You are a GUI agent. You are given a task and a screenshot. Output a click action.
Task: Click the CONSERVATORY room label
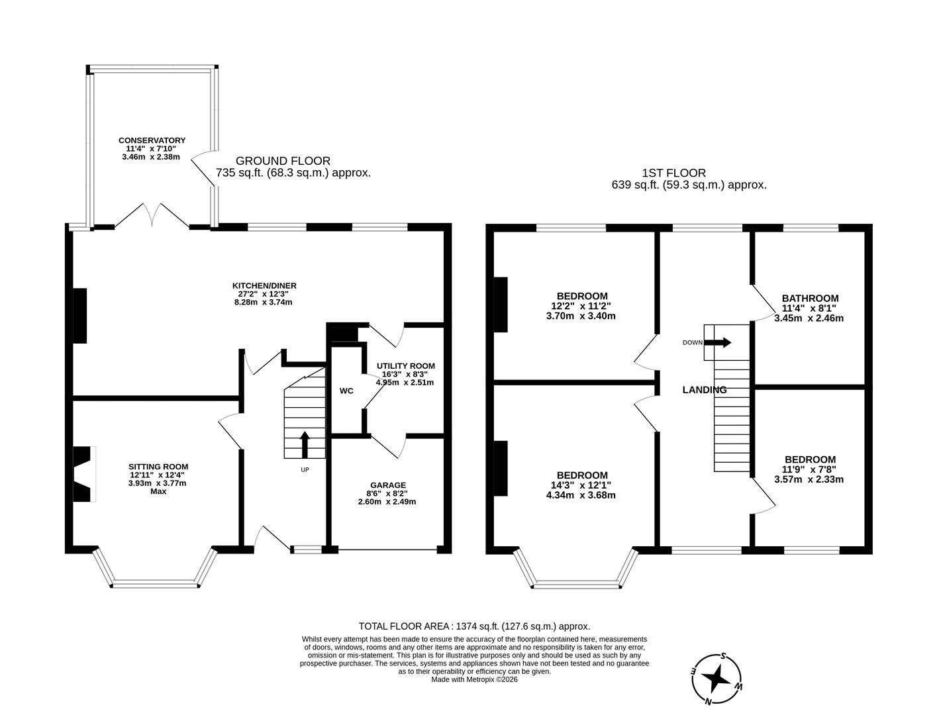point(152,140)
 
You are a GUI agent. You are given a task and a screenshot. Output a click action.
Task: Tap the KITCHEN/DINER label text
point(263,285)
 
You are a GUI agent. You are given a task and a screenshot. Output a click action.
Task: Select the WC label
point(346,391)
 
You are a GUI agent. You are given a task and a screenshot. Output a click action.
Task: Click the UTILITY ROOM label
point(405,366)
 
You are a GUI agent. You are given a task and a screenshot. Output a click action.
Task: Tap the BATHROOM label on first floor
point(809,299)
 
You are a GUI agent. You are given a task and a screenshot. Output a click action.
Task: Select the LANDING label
point(704,390)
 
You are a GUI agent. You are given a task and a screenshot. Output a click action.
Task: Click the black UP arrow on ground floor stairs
point(305,444)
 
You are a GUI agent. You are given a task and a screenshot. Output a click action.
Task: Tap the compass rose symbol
point(716,679)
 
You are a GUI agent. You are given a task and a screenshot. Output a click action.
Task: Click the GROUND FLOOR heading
point(283,161)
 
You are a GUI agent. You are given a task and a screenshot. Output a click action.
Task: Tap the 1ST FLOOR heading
point(673,173)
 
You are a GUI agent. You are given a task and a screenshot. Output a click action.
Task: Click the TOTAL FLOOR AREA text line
point(474,626)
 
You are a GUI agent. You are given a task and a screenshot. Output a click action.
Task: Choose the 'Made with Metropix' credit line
point(474,679)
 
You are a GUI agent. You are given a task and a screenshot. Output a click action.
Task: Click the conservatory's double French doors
point(152,216)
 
